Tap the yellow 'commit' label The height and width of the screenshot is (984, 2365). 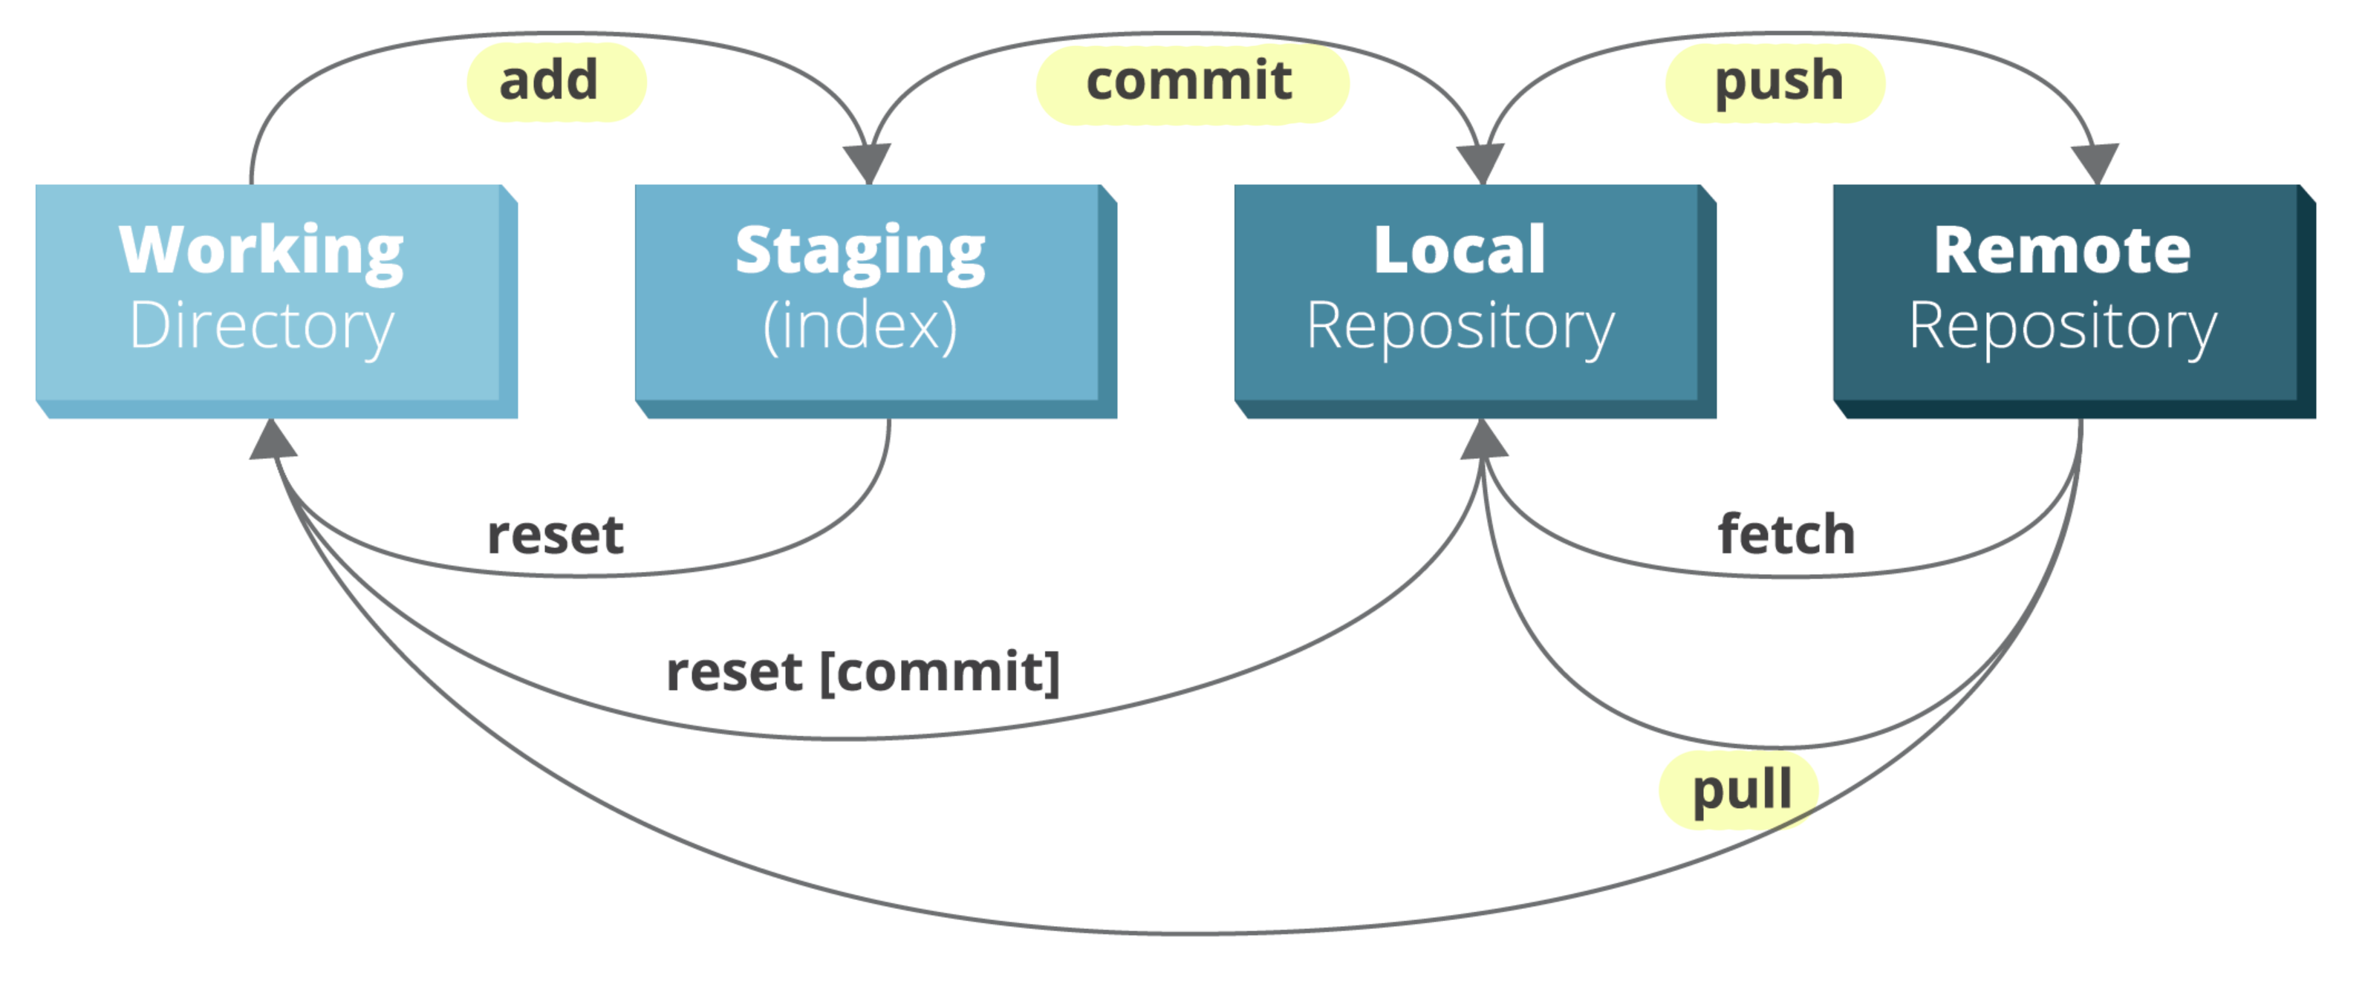(x=1191, y=82)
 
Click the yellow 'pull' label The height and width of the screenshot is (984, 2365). (x=1739, y=790)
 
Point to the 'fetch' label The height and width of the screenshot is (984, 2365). (x=1786, y=535)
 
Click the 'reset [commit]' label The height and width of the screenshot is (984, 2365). (x=863, y=673)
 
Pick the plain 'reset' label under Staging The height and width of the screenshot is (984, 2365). (x=556, y=535)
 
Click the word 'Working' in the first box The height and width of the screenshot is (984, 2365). (x=261, y=250)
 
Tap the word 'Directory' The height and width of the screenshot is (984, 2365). (x=261, y=327)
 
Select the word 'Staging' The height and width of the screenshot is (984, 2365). (x=860, y=250)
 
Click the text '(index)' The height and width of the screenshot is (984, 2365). (x=860, y=327)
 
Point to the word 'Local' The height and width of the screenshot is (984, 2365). (x=1460, y=250)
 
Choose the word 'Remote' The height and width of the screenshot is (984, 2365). (x=2062, y=250)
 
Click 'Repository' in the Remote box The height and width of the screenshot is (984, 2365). (x=2062, y=327)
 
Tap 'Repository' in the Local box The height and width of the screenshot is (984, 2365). (x=1460, y=327)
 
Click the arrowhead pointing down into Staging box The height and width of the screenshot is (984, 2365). (x=868, y=165)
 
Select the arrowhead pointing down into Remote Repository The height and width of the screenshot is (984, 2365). (x=2097, y=165)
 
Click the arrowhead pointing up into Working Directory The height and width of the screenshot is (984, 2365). (x=273, y=440)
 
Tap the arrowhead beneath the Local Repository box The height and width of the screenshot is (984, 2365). (x=1483, y=440)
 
